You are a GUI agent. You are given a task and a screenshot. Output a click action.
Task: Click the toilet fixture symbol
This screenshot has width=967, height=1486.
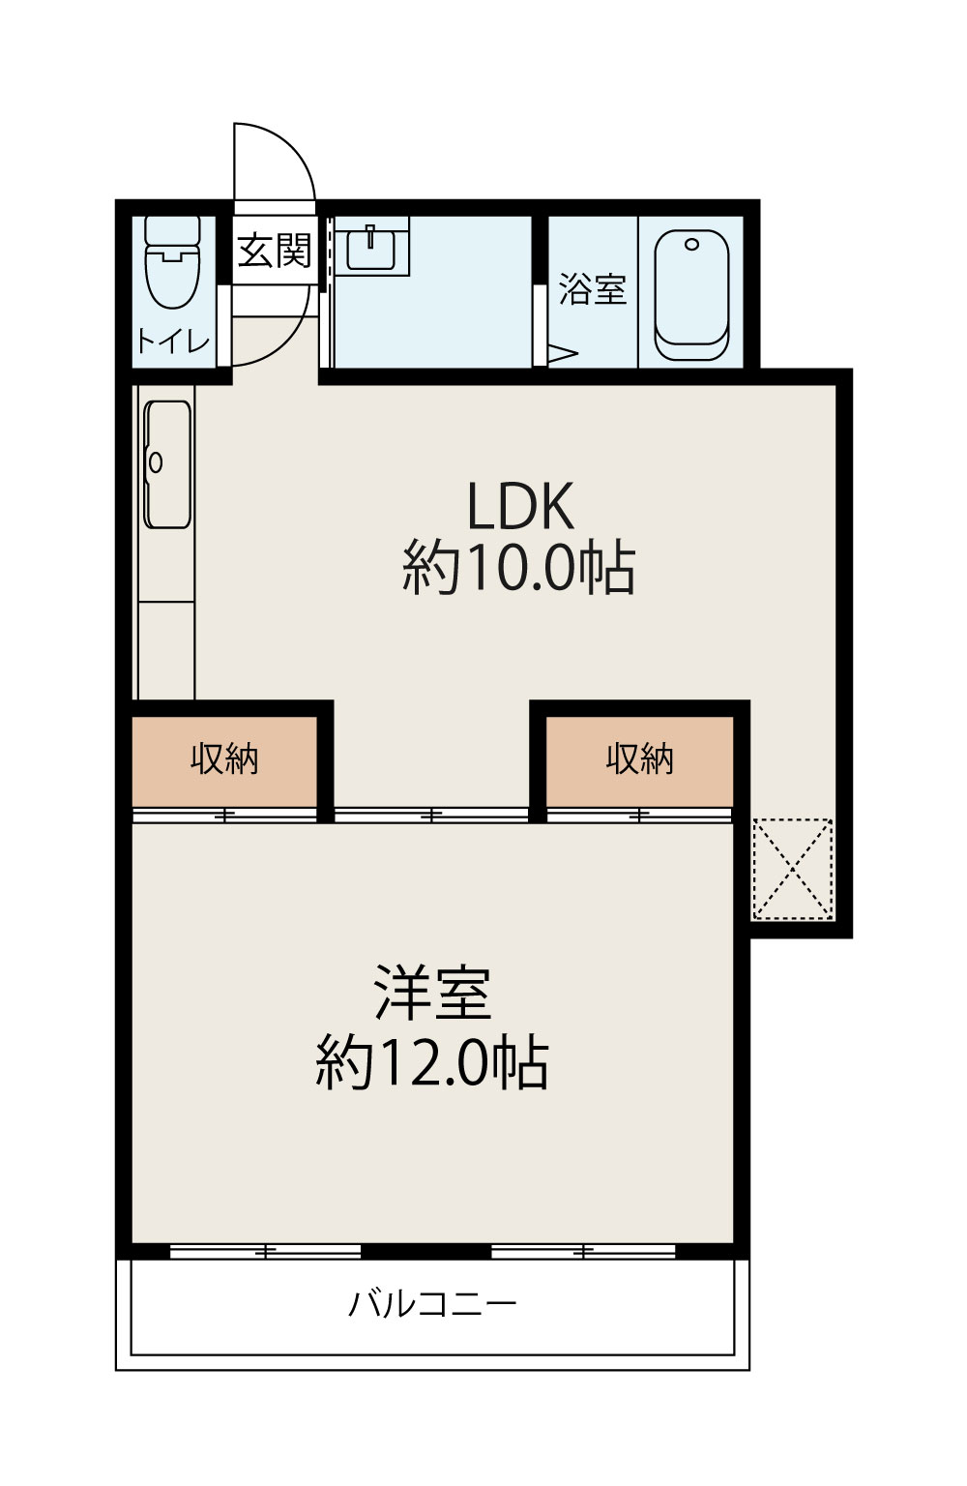click(x=172, y=262)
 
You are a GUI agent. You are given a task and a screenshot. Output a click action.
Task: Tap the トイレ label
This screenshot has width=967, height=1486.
click(x=173, y=342)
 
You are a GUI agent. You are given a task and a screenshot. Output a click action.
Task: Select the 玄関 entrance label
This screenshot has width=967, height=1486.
click(x=275, y=251)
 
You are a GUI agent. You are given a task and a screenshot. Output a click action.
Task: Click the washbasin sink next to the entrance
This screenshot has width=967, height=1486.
click(x=371, y=248)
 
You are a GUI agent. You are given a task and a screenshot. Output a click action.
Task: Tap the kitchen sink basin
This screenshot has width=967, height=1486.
click(x=168, y=464)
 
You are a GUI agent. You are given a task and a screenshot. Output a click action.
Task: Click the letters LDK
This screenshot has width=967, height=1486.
click(x=520, y=506)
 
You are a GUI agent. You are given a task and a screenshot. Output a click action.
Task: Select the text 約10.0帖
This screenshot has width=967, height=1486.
click(x=519, y=568)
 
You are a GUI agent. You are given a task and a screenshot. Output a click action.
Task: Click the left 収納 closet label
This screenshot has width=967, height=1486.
click(x=224, y=758)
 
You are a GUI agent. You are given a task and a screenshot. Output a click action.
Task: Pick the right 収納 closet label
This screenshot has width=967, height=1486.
click(x=639, y=758)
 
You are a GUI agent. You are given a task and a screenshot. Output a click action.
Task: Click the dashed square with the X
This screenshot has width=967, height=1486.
click(x=793, y=870)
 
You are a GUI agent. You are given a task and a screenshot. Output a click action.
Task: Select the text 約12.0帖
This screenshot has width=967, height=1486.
click(x=432, y=1063)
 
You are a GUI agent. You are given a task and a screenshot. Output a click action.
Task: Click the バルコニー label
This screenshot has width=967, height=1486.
click(x=432, y=1304)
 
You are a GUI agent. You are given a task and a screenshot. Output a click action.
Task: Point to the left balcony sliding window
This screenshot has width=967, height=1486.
click(x=265, y=1252)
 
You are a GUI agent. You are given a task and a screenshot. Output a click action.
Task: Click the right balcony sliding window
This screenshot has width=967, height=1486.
click(x=583, y=1252)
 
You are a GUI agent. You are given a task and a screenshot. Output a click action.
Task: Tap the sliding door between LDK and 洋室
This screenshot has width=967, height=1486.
click(x=431, y=816)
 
